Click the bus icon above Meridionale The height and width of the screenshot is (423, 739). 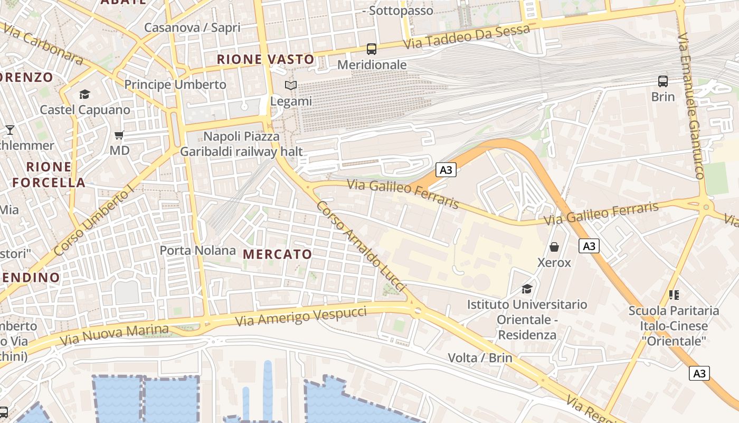tap(372, 49)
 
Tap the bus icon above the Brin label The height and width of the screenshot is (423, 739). tap(663, 81)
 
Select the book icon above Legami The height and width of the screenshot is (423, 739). tap(291, 85)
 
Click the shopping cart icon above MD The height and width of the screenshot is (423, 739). tap(119, 135)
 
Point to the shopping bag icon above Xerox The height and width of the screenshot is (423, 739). tap(554, 247)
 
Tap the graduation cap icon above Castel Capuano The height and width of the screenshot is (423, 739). tap(84, 95)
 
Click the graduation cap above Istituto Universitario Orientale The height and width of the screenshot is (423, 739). tap(527, 289)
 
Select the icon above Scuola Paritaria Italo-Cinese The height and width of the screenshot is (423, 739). tap(674, 295)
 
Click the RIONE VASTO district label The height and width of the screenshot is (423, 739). tap(266, 60)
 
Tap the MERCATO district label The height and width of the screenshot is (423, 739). tap(278, 254)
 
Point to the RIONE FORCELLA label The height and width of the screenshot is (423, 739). tap(49, 175)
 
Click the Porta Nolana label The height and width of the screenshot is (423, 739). tap(197, 250)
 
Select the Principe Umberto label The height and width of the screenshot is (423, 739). tap(175, 85)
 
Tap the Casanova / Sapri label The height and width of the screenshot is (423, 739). tap(192, 27)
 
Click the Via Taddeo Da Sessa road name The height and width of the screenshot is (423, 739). tap(467, 37)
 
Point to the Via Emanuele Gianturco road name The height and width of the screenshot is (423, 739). tap(692, 106)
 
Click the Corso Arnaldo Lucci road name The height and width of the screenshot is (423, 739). tap(362, 246)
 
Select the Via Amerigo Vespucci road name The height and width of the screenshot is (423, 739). tap(301, 316)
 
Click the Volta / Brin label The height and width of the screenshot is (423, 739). tap(480, 358)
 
